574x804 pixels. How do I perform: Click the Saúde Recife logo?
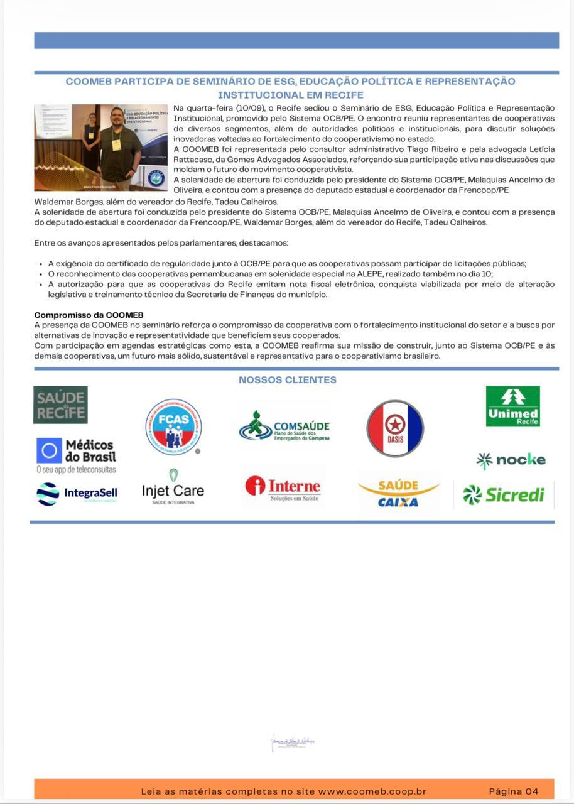click(x=60, y=405)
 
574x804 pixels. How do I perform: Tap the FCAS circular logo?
click(x=173, y=427)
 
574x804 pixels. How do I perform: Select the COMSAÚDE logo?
click(x=284, y=427)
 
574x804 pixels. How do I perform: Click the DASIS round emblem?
click(x=395, y=428)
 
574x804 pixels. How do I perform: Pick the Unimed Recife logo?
click(x=512, y=406)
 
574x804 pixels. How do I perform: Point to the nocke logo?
click(x=511, y=460)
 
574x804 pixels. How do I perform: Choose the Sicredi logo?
click(x=504, y=495)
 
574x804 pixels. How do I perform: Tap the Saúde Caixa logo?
click(x=398, y=494)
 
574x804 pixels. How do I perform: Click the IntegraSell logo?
click(x=77, y=494)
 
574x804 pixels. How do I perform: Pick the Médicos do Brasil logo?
click(x=76, y=455)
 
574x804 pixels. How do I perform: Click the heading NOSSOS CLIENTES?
click(x=287, y=379)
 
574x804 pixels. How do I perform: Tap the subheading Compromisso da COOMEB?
click(x=89, y=315)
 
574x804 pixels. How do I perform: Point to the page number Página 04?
click(x=514, y=791)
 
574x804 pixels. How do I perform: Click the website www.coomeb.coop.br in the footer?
click(x=372, y=791)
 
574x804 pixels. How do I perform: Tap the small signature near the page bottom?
click(x=292, y=743)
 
